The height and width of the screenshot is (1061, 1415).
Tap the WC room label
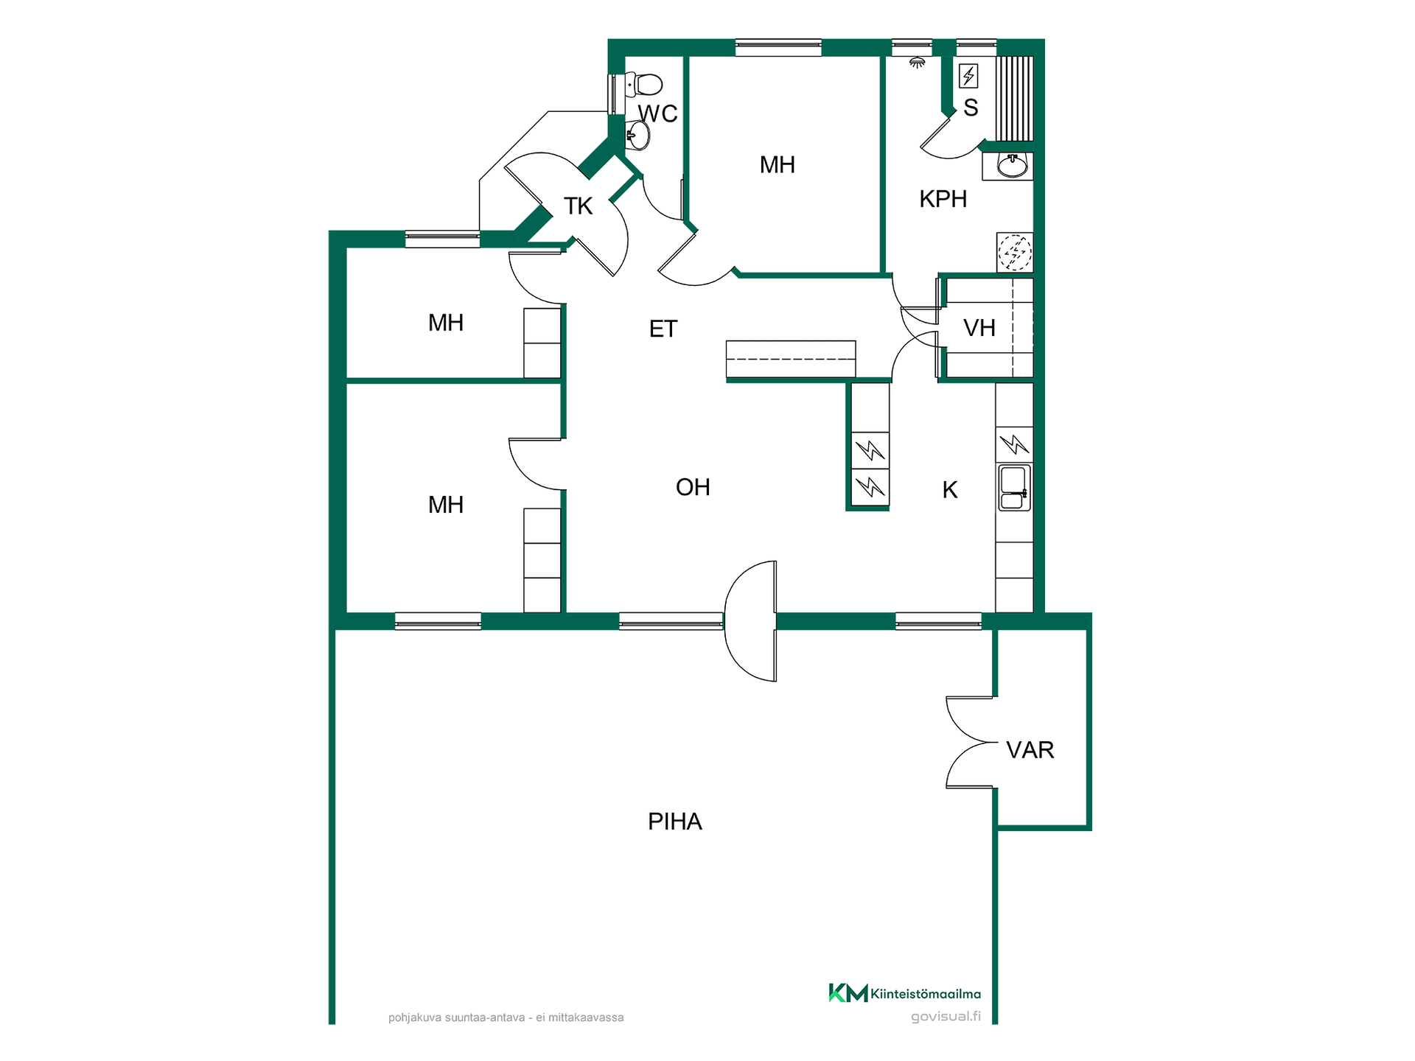click(657, 113)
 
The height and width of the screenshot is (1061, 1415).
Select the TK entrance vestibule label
click(578, 206)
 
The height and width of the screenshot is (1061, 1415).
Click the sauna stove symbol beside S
click(968, 75)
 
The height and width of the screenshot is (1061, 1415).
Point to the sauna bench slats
click(1015, 98)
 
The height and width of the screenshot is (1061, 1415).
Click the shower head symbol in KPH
click(917, 63)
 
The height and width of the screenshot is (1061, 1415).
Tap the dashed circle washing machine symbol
click(1015, 252)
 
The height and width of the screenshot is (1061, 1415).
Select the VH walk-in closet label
click(979, 328)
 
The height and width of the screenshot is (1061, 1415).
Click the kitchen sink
click(1014, 487)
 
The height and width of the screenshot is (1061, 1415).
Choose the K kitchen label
click(950, 490)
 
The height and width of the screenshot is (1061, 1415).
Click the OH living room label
click(693, 487)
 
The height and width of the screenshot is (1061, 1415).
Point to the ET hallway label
click(663, 329)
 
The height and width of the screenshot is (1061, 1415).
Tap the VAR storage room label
click(1030, 750)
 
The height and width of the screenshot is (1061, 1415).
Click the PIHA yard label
click(674, 822)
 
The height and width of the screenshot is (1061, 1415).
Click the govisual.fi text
click(946, 1017)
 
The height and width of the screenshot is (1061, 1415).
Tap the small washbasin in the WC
click(638, 136)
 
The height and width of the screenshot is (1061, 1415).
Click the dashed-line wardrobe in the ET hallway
click(791, 360)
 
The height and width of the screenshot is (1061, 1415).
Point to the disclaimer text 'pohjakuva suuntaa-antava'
click(457, 1018)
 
